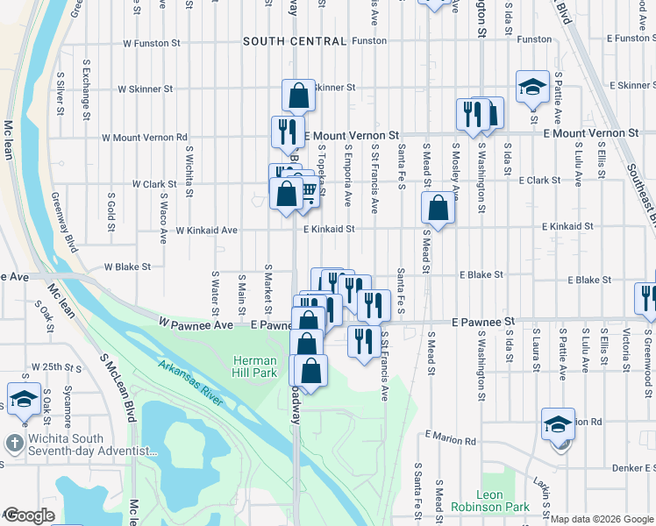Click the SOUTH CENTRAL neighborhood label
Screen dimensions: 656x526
click(x=282, y=41)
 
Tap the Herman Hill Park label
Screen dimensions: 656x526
click(x=255, y=367)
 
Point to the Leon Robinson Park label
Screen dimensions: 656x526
click(x=491, y=501)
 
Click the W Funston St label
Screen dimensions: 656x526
click(x=151, y=42)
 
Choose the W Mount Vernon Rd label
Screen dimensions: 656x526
click(x=145, y=137)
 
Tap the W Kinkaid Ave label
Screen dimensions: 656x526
click(x=206, y=231)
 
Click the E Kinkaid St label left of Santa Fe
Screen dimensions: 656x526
click(x=329, y=229)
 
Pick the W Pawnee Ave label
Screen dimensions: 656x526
click(x=196, y=323)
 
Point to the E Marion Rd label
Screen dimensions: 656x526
click(x=451, y=436)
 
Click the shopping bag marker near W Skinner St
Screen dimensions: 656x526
click(x=299, y=96)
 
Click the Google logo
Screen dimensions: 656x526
click(x=28, y=516)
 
